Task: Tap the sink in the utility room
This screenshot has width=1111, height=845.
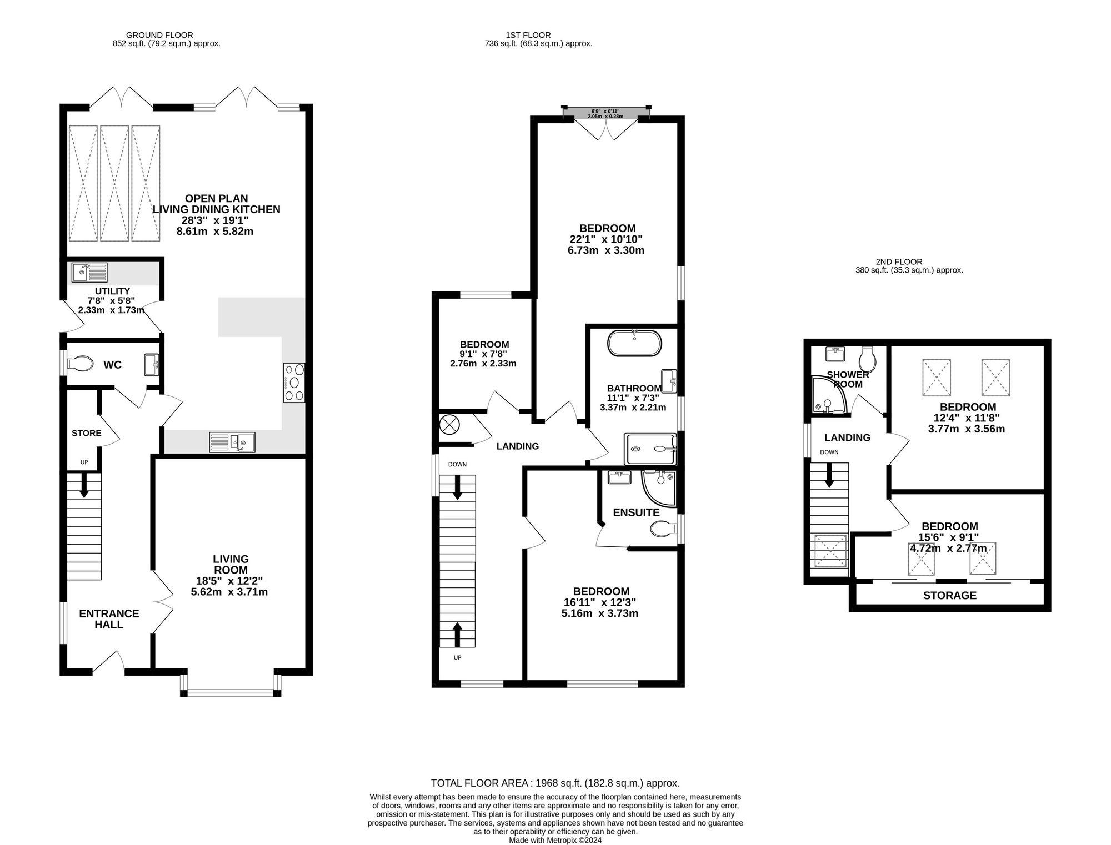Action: click(89, 273)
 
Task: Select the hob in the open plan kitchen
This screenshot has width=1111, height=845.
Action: click(294, 382)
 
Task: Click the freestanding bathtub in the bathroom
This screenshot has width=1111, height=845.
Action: click(635, 343)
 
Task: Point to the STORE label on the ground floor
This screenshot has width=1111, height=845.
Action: click(87, 433)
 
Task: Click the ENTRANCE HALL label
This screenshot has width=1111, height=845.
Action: click(109, 619)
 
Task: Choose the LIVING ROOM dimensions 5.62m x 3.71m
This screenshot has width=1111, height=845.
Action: click(229, 592)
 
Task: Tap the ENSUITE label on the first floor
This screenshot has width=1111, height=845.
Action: click(637, 512)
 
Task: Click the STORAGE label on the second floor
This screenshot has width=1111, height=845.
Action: click(950, 596)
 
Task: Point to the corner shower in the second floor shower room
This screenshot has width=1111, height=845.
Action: click(830, 395)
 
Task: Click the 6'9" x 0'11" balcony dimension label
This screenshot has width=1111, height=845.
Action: click(605, 112)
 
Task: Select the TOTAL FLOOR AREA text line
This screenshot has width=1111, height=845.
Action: click(555, 783)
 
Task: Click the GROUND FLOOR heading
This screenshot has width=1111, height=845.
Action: click(159, 35)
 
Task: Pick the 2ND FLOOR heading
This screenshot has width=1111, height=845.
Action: click(899, 262)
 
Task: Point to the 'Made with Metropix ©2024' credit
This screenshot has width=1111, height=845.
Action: click(555, 841)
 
